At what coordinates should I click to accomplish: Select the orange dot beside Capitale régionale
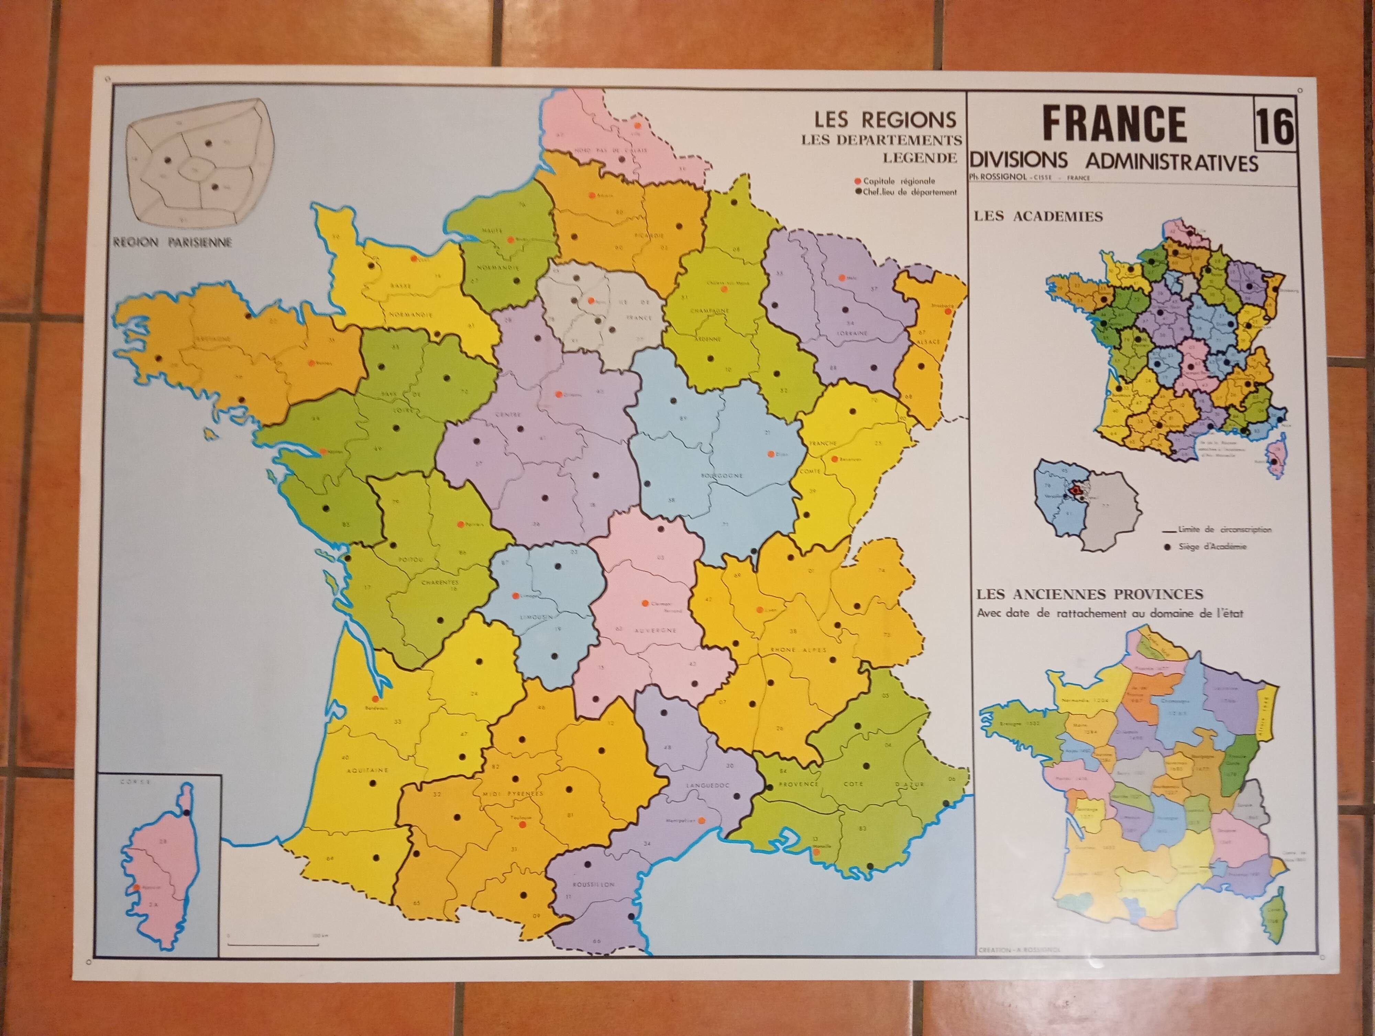[858, 181]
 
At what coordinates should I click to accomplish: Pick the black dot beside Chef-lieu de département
[858, 192]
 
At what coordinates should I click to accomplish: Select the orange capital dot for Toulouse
[522, 824]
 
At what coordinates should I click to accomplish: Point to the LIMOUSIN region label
[529, 616]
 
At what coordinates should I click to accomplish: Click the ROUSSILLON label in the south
[594, 884]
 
